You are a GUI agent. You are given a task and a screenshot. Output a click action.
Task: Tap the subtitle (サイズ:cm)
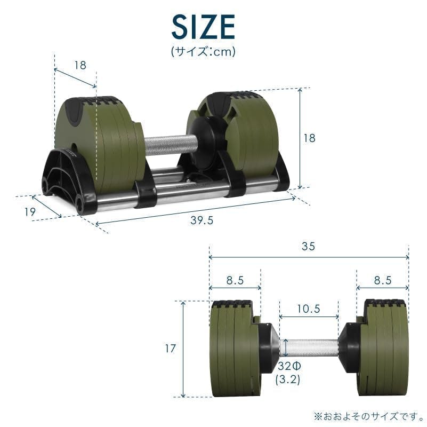coord(203,52)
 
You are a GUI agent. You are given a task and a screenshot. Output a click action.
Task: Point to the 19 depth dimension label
coord(30,211)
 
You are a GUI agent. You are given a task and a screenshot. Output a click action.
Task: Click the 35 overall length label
coord(308,246)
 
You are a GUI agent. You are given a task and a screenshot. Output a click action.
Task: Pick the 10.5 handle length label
coord(308,309)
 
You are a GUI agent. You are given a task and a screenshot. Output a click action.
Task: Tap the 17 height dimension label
coord(169,349)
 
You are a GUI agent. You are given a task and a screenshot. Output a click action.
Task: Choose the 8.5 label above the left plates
coord(235,280)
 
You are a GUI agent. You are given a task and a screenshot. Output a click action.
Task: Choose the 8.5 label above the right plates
coord(382,280)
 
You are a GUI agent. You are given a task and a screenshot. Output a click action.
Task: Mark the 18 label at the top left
coord(80,66)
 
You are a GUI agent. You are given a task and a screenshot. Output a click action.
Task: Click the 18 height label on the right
coord(309,138)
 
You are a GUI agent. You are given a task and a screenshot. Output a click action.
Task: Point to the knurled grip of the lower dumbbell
coord(309,347)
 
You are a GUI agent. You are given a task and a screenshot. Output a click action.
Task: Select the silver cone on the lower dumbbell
coord(270,346)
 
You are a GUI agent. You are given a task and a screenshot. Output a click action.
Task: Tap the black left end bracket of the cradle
coord(67,179)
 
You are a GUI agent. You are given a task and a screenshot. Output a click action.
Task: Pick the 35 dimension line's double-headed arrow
coord(308,257)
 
